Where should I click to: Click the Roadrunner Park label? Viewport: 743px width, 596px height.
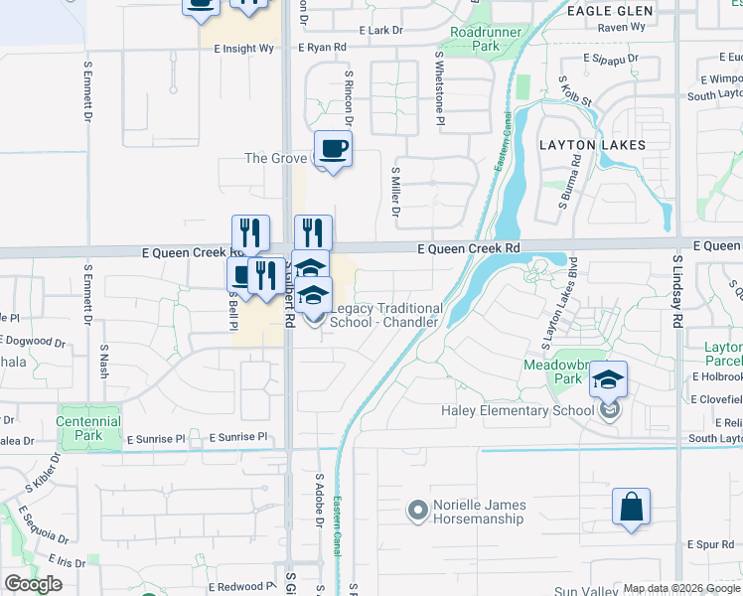pyautogui.click(x=473, y=39)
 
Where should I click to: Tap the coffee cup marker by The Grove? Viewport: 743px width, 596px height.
pyautogui.click(x=333, y=149)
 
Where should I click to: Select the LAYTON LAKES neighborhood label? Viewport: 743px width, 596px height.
pyautogui.click(x=592, y=145)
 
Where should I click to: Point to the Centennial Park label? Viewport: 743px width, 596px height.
pyautogui.click(x=89, y=428)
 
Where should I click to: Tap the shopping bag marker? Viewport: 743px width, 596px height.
pyautogui.click(x=631, y=507)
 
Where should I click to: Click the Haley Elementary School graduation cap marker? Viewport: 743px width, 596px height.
pyautogui.click(x=608, y=379)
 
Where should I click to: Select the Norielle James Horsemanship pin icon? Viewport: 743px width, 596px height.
pyautogui.click(x=417, y=512)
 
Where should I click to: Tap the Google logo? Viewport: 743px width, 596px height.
pyautogui.click(x=33, y=584)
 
